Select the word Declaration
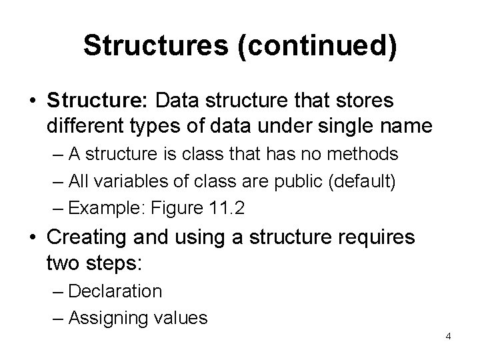tap(115, 291)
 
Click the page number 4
tap(448, 335)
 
